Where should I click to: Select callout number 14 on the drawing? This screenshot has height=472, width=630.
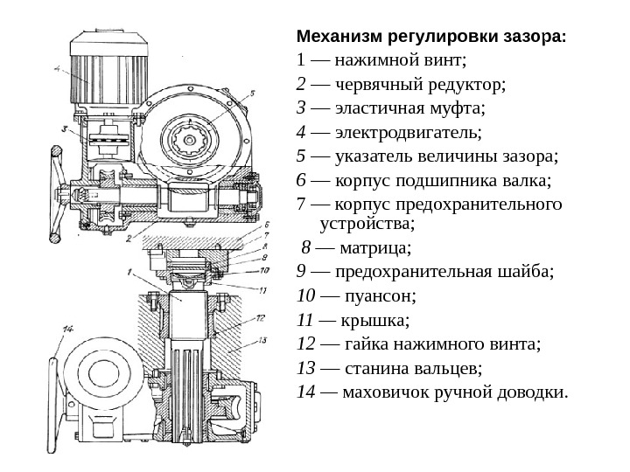click(66, 330)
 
